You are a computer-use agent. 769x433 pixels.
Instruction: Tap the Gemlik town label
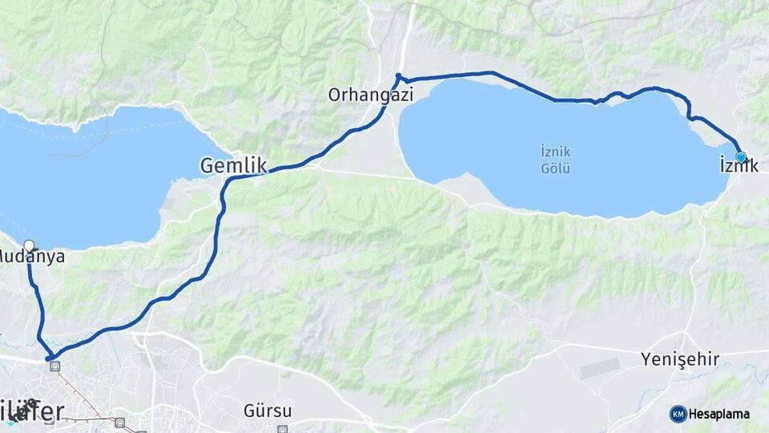click(x=232, y=166)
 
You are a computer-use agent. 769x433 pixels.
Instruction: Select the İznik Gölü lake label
click(x=555, y=159)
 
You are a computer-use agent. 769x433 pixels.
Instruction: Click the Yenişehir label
click(x=680, y=359)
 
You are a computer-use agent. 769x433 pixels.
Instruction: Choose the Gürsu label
click(x=268, y=411)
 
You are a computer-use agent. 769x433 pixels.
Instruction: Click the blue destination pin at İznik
click(x=741, y=157)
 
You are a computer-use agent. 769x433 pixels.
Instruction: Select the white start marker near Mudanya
click(x=30, y=245)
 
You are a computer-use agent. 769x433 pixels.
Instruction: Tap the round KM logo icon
click(x=678, y=414)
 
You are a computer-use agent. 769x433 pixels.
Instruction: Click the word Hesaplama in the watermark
click(x=719, y=415)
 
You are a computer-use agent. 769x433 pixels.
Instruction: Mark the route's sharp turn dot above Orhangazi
click(x=398, y=77)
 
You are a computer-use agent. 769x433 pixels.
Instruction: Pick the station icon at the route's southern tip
click(x=54, y=366)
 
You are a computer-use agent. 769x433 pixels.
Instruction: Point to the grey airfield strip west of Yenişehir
click(x=600, y=369)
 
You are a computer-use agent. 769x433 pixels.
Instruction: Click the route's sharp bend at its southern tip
click(x=50, y=358)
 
